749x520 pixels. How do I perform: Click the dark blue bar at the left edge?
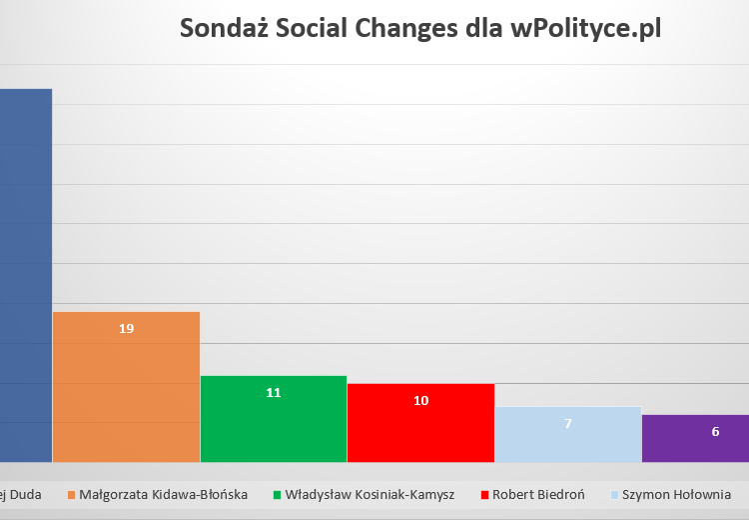click(x=25, y=275)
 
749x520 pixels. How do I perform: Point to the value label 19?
click(x=126, y=328)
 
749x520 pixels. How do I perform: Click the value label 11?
click(x=274, y=392)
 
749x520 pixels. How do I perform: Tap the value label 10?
click(x=420, y=400)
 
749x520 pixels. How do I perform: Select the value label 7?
click(x=567, y=423)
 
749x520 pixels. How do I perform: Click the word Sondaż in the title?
click(x=226, y=29)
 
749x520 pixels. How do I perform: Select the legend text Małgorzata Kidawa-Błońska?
click(x=164, y=495)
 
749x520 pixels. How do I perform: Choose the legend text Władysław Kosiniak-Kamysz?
click(x=370, y=495)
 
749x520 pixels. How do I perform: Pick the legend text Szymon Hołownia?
click(x=676, y=495)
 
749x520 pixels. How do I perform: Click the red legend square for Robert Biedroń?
click(x=485, y=495)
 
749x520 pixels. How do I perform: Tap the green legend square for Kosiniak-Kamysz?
click(x=277, y=495)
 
